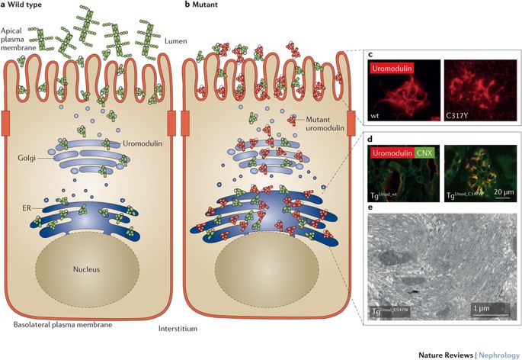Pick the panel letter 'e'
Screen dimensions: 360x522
pyautogui.click(x=370, y=206)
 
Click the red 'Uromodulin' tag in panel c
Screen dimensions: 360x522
pyautogui.click(x=397, y=68)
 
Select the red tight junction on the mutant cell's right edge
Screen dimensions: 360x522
pyautogui.click(x=351, y=124)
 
